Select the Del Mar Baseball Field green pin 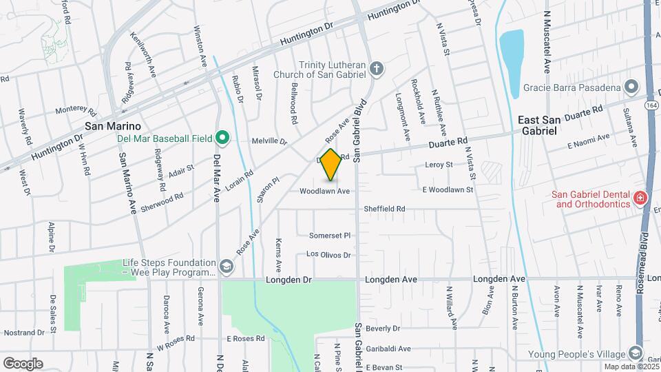point(222,138)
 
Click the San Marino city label point(113,126)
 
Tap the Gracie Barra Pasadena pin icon point(631,87)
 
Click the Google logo point(23,364)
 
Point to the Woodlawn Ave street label point(325,191)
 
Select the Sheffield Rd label point(384,208)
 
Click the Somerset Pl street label point(330,235)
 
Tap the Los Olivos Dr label point(328,255)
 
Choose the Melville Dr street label point(269,141)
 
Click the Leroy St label point(439,165)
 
